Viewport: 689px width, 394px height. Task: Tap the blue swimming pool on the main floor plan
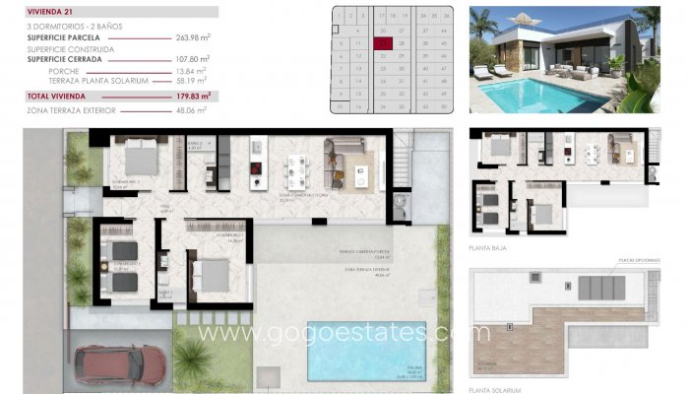point(365,350)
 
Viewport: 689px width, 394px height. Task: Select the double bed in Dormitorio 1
point(210,272)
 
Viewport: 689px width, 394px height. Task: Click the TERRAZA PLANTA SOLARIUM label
point(97,81)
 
